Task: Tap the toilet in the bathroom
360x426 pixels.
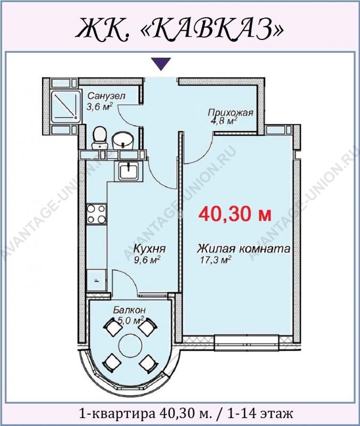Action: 100,137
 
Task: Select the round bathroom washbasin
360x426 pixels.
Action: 124,141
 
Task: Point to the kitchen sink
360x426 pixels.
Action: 128,170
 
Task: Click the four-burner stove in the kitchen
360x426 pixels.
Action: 96,214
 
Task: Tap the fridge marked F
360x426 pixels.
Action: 96,280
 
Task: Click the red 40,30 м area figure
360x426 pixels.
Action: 235,215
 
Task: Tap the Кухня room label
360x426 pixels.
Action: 150,249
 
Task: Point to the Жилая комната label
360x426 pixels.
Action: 244,249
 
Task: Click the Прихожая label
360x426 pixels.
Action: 231,112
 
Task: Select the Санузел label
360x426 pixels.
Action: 106,96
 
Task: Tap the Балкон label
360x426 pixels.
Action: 129,310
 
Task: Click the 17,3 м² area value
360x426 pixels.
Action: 216,260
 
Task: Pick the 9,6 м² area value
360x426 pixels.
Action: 147,260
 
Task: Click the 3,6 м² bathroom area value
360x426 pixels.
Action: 100,106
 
